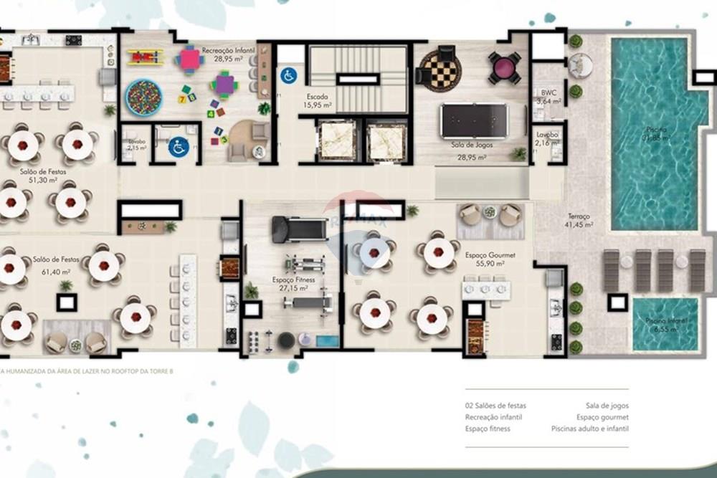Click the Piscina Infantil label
(666, 325)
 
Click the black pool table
(474, 120)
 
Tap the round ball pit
(143, 97)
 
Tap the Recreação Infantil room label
(225, 54)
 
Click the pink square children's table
(190, 59)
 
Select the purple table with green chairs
(224, 85)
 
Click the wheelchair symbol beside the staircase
(288, 75)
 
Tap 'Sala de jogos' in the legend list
(607, 406)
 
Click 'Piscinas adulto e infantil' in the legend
(589, 429)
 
